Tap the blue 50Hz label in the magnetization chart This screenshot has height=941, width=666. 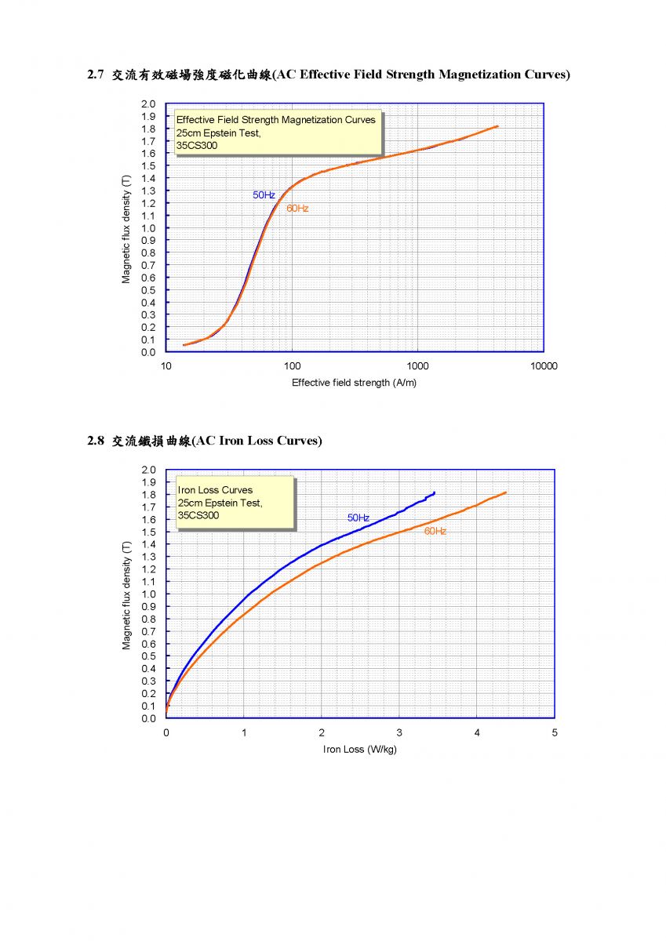264,194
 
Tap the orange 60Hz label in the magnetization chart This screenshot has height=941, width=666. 297,209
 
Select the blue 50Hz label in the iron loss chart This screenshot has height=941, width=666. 358,518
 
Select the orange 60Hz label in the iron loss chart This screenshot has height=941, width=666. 435,532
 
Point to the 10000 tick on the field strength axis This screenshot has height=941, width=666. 544,366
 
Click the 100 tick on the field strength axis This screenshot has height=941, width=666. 292,366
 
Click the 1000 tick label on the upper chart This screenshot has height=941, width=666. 417,366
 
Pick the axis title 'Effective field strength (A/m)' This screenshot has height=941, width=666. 354,383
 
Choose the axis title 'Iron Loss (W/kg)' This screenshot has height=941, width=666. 360,749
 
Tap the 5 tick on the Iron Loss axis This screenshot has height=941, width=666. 555,732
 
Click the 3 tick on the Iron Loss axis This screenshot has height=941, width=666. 399,732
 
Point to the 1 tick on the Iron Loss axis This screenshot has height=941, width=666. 244,732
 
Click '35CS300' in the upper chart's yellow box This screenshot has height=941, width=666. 197,145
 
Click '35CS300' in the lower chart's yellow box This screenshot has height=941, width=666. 198,515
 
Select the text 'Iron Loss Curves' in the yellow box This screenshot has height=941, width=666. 216,490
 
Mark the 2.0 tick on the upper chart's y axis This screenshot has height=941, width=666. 149,104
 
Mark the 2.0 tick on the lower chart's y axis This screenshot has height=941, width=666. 149,470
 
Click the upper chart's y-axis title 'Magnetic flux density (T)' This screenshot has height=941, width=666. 126,229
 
